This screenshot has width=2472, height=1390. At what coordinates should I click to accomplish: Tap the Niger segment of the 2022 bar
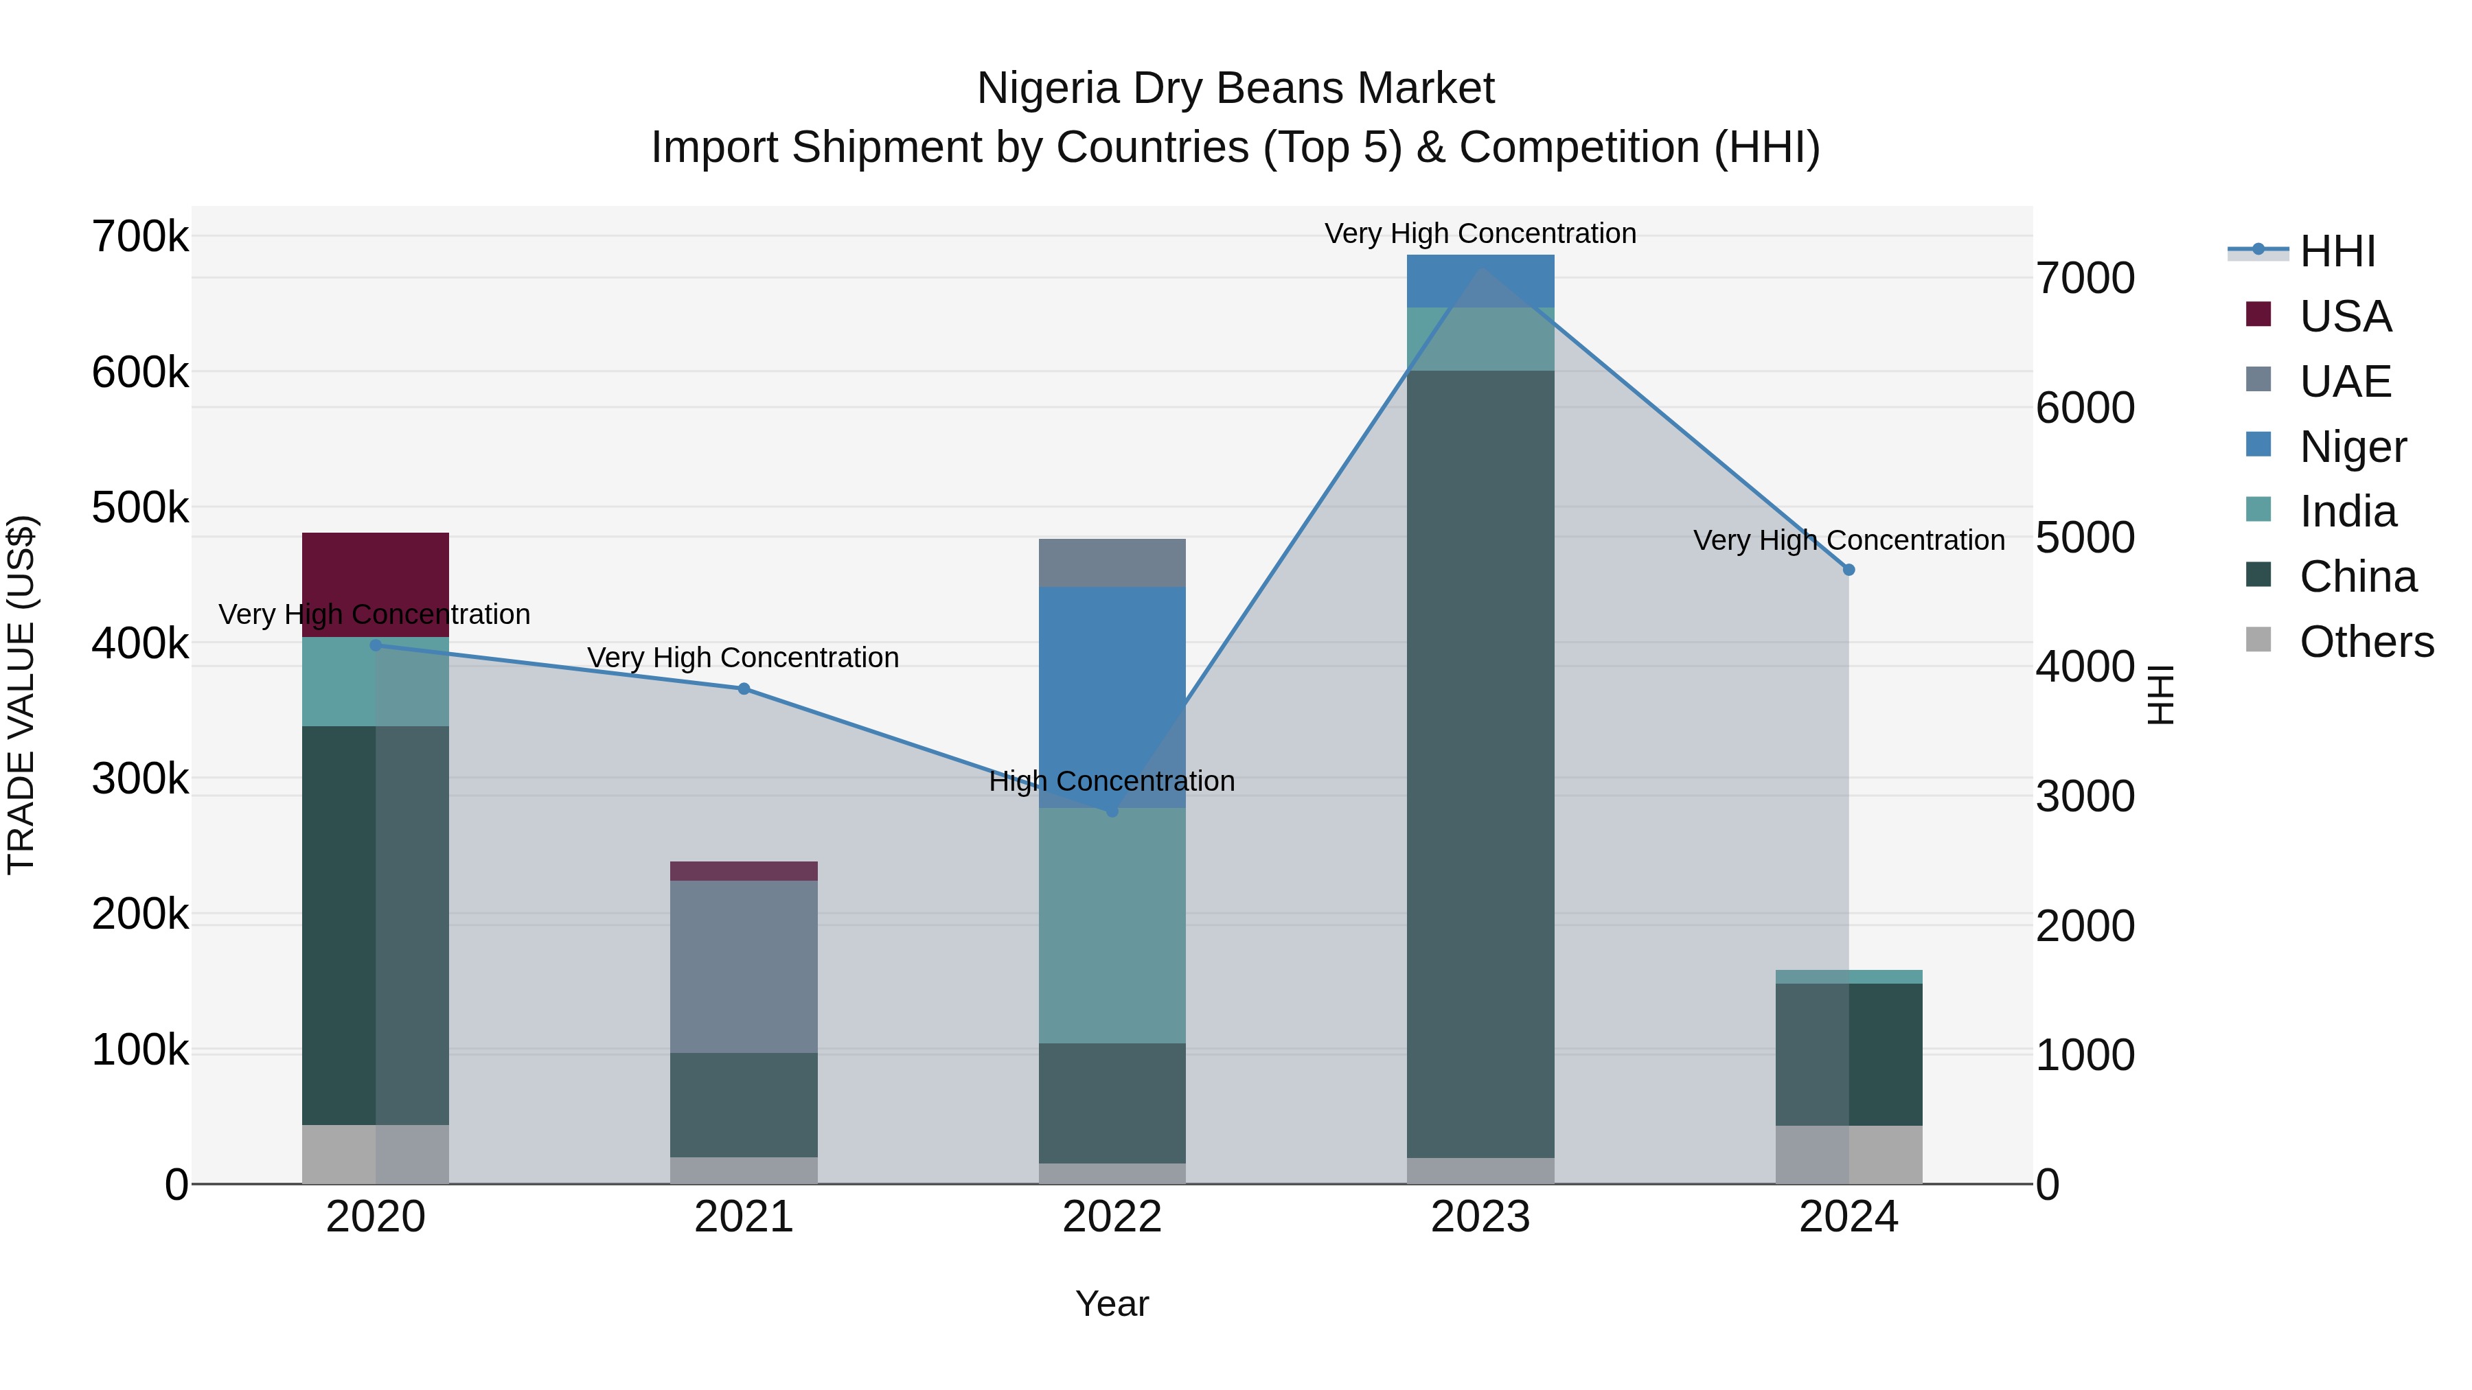1112,697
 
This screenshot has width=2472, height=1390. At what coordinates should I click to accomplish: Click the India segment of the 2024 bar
1849,977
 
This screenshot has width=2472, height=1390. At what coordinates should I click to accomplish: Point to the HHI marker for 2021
744,688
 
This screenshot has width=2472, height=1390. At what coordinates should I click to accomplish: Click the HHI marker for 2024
1849,570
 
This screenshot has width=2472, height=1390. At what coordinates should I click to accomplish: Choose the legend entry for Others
2366,642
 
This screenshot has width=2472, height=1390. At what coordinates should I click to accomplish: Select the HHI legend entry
2337,251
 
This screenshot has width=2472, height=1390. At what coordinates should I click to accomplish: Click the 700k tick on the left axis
140,237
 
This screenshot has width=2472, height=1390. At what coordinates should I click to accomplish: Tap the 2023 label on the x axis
1480,1217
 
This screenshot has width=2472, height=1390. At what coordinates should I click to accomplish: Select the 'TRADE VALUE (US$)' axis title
21,695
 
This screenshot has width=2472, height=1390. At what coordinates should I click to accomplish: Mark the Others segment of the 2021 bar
744,1170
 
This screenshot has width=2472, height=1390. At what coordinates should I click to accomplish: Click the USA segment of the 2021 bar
744,871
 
